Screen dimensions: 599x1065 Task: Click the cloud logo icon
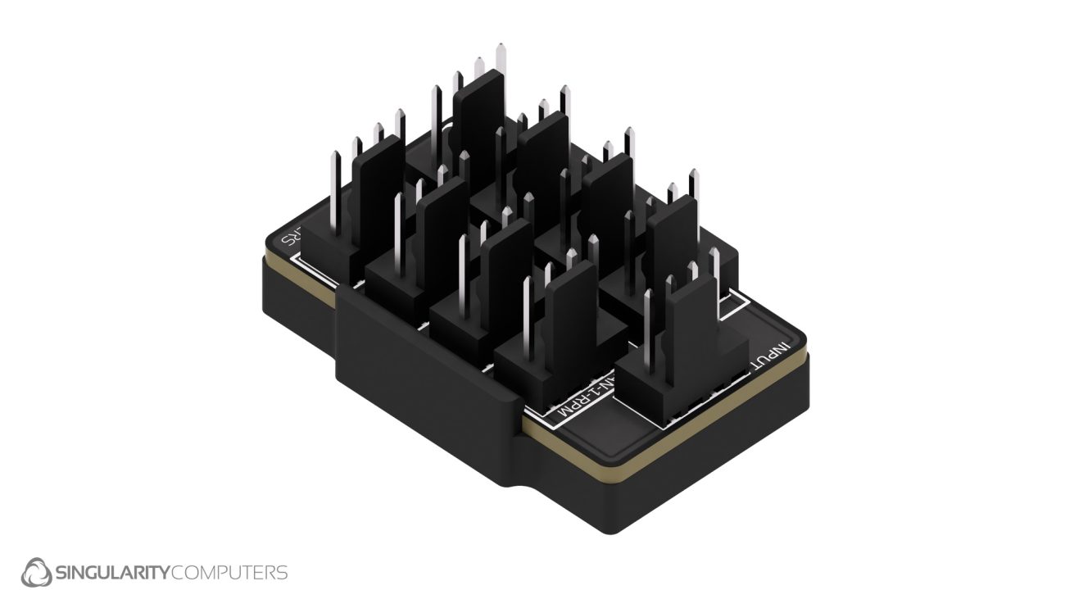[36, 571]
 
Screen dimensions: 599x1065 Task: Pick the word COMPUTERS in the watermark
[229, 572]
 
